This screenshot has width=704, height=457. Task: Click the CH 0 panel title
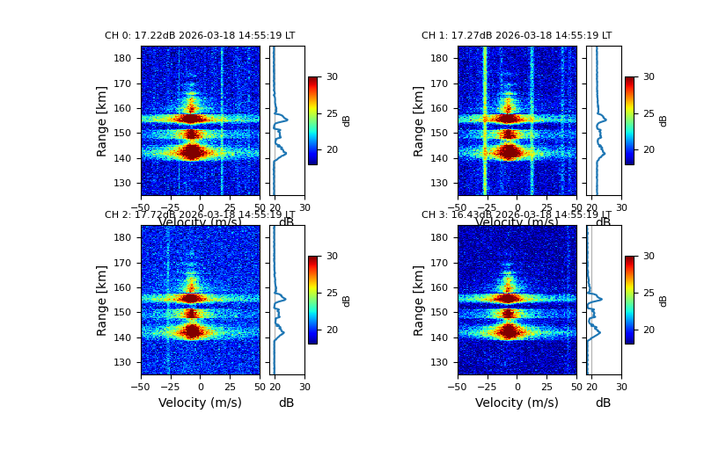200,36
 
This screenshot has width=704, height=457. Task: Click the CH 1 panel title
517,36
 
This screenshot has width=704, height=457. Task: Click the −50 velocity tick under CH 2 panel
141,385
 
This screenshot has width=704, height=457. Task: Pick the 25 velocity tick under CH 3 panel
546,385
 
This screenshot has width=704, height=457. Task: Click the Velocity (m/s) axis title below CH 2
200,403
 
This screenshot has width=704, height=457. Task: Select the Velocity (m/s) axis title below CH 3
517,403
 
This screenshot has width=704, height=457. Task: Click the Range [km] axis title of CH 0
102,120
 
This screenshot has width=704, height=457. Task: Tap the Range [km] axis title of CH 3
419,300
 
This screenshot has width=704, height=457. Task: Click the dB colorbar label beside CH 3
664,300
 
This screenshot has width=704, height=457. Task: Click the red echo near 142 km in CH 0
194,152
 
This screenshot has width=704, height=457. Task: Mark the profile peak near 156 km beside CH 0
287,119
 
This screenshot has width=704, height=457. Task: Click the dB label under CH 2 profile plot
286,403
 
